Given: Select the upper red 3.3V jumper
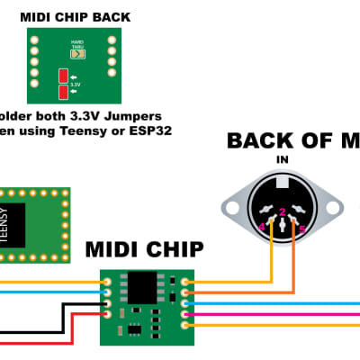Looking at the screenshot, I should [x=63, y=76].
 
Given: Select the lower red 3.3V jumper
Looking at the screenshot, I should [x=63, y=92].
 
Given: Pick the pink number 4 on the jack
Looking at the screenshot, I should [x=262, y=227].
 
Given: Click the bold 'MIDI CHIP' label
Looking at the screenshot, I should [x=145, y=248].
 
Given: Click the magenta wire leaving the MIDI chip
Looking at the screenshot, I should [x=270, y=314].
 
